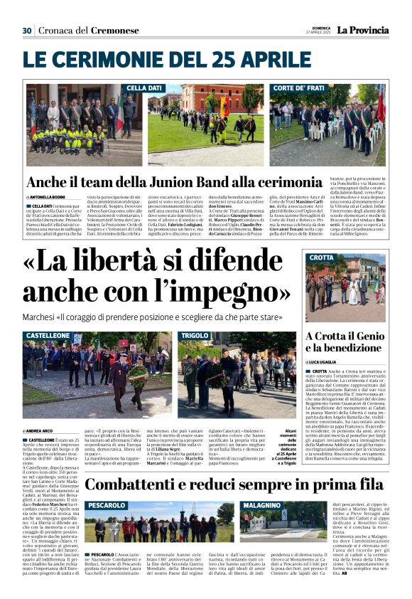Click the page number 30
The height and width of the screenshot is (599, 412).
pos(27,31)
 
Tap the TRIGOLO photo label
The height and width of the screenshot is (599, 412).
pos(195,335)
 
